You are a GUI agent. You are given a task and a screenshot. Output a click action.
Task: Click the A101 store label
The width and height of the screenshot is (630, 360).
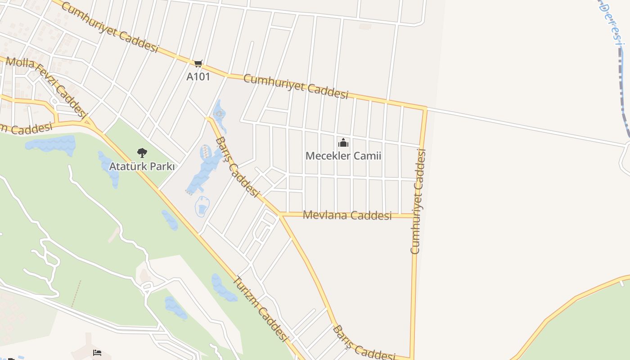(198, 76)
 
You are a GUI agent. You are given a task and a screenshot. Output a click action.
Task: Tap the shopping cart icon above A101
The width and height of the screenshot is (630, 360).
(198, 64)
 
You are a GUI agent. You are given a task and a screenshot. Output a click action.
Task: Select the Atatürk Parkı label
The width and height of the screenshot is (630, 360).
(142, 166)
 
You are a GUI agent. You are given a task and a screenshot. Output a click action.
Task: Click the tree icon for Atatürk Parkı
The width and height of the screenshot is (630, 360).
(142, 153)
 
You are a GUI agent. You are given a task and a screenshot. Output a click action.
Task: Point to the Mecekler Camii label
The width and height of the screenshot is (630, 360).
(343, 156)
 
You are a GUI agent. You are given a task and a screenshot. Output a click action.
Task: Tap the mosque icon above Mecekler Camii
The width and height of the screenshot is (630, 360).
(343, 143)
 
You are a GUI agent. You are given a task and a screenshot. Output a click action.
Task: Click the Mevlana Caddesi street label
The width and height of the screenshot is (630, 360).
(347, 215)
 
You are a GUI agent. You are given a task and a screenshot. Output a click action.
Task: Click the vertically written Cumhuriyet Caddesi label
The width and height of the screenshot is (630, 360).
(418, 201)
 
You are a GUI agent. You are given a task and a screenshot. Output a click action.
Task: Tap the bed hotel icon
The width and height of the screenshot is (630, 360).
(97, 352)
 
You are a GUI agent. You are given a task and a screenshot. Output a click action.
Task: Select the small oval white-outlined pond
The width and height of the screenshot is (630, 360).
(202, 207)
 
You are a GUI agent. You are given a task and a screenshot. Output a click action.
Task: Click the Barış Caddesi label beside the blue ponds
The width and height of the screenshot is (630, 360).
(237, 167)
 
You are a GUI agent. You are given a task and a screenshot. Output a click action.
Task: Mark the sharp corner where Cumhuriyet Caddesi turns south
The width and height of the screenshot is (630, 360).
(425, 108)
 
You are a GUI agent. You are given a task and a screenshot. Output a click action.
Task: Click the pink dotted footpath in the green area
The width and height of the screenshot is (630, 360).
(76, 294)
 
